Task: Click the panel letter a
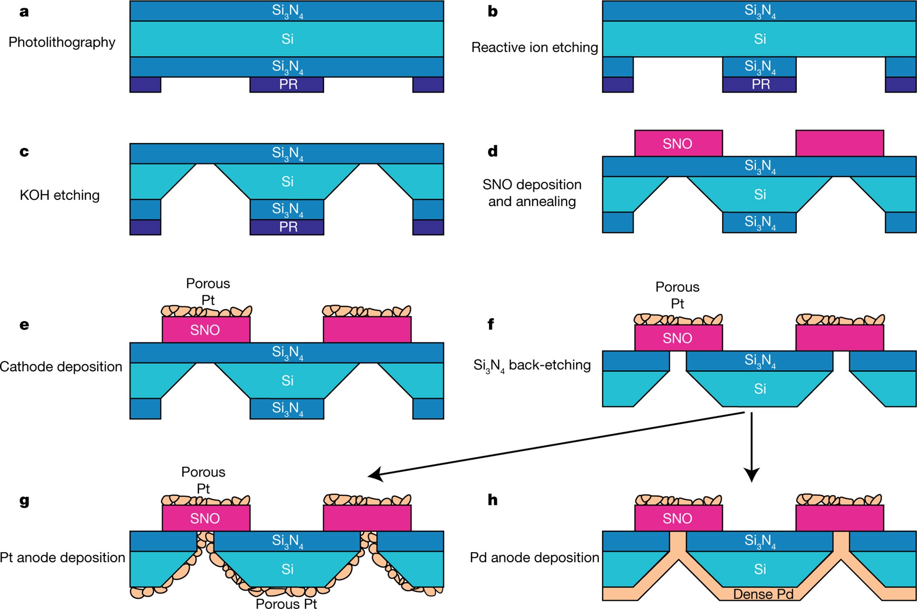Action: tap(24, 12)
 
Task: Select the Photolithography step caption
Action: tap(62, 42)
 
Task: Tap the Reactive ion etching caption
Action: tap(534, 47)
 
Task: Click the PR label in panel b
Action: tap(760, 84)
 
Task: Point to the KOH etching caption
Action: tap(59, 195)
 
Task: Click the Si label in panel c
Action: tap(287, 181)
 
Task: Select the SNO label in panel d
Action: tap(677, 144)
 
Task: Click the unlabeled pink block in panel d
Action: tap(839, 143)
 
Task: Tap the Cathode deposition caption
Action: tap(61, 366)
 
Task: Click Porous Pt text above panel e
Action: tap(208, 292)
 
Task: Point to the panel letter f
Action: tap(491, 324)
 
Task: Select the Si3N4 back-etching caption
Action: tap(532, 365)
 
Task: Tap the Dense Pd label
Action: tap(763, 594)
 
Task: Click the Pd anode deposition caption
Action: tap(534, 557)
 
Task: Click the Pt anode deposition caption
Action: tap(62, 557)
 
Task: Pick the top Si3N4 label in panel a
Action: tap(287, 10)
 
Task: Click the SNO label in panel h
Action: tap(677, 519)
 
